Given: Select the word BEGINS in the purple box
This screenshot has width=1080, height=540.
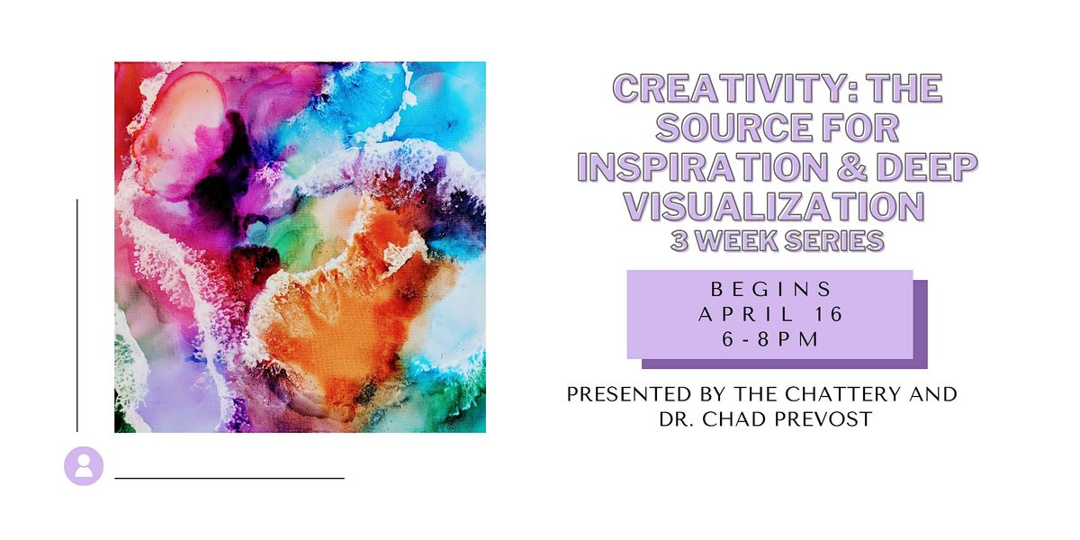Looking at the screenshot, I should pyautogui.click(x=770, y=290).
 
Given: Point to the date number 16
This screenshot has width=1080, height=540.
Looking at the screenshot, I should pyautogui.click(x=827, y=315).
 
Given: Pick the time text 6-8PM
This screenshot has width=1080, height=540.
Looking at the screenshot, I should pyautogui.click(x=770, y=340).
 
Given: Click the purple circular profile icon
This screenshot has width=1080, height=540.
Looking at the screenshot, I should pyautogui.click(x=84, y=466).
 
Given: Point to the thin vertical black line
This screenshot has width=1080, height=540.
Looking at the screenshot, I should pyautogui.click(x=77, y=315).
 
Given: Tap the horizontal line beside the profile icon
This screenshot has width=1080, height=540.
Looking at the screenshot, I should pyautogui.click(x=229, y=478).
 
